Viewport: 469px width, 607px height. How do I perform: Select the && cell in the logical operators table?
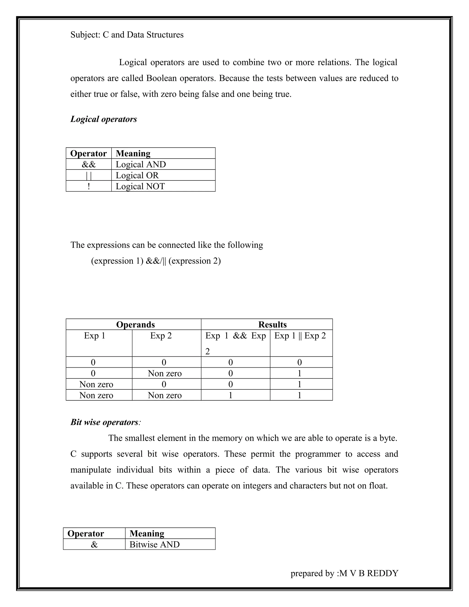click(89, 164)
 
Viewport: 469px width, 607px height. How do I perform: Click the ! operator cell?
click(89, 186)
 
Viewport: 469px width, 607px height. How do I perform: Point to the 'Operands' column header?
click(135, 325)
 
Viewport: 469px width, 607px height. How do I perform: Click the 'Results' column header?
click(272, 325)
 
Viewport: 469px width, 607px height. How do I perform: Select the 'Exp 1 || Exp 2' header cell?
click(300, 336)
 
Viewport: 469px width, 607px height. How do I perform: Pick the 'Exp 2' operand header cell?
click(161, 336)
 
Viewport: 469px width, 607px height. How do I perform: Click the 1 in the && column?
click(230, 395)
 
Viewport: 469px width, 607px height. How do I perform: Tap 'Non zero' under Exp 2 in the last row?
click(165, 395)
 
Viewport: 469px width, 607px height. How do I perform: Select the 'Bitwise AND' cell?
click(155, 544)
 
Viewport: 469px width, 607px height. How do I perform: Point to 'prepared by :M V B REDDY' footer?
click(344, 573)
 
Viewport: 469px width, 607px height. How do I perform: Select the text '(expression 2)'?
click(194, 261)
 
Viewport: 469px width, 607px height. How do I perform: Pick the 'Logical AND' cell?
click(141, 164)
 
